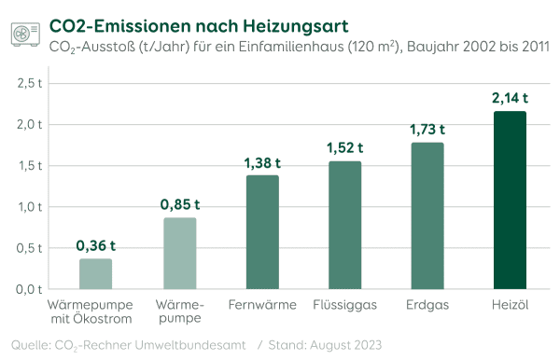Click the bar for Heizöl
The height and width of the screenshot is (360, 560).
[x=510, y=201]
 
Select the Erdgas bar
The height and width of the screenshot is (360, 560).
[x=427, y=216]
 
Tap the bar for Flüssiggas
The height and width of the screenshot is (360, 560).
[x=344, y=226]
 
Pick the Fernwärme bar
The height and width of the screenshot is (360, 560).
[x=262, y=232]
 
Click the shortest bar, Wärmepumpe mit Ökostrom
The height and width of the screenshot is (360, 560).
[x=95, y=274]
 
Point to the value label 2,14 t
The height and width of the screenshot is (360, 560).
[x=510, y=96]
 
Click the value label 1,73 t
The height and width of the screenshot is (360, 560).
[x=427, y=129]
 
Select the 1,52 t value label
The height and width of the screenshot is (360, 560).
[x=344, y=147]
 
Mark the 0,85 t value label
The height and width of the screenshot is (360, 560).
[x=179, y=204]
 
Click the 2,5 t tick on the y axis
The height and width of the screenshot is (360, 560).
[x=31, y=83]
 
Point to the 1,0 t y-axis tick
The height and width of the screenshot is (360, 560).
[x=31, y=207]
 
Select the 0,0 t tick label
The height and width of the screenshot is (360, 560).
[x=31, y=289]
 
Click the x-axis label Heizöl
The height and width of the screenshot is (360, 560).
[x=510, y=305]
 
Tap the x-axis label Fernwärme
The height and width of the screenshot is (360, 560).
[x=262, y=305]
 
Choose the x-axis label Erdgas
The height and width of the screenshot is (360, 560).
[x=427, y=305]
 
